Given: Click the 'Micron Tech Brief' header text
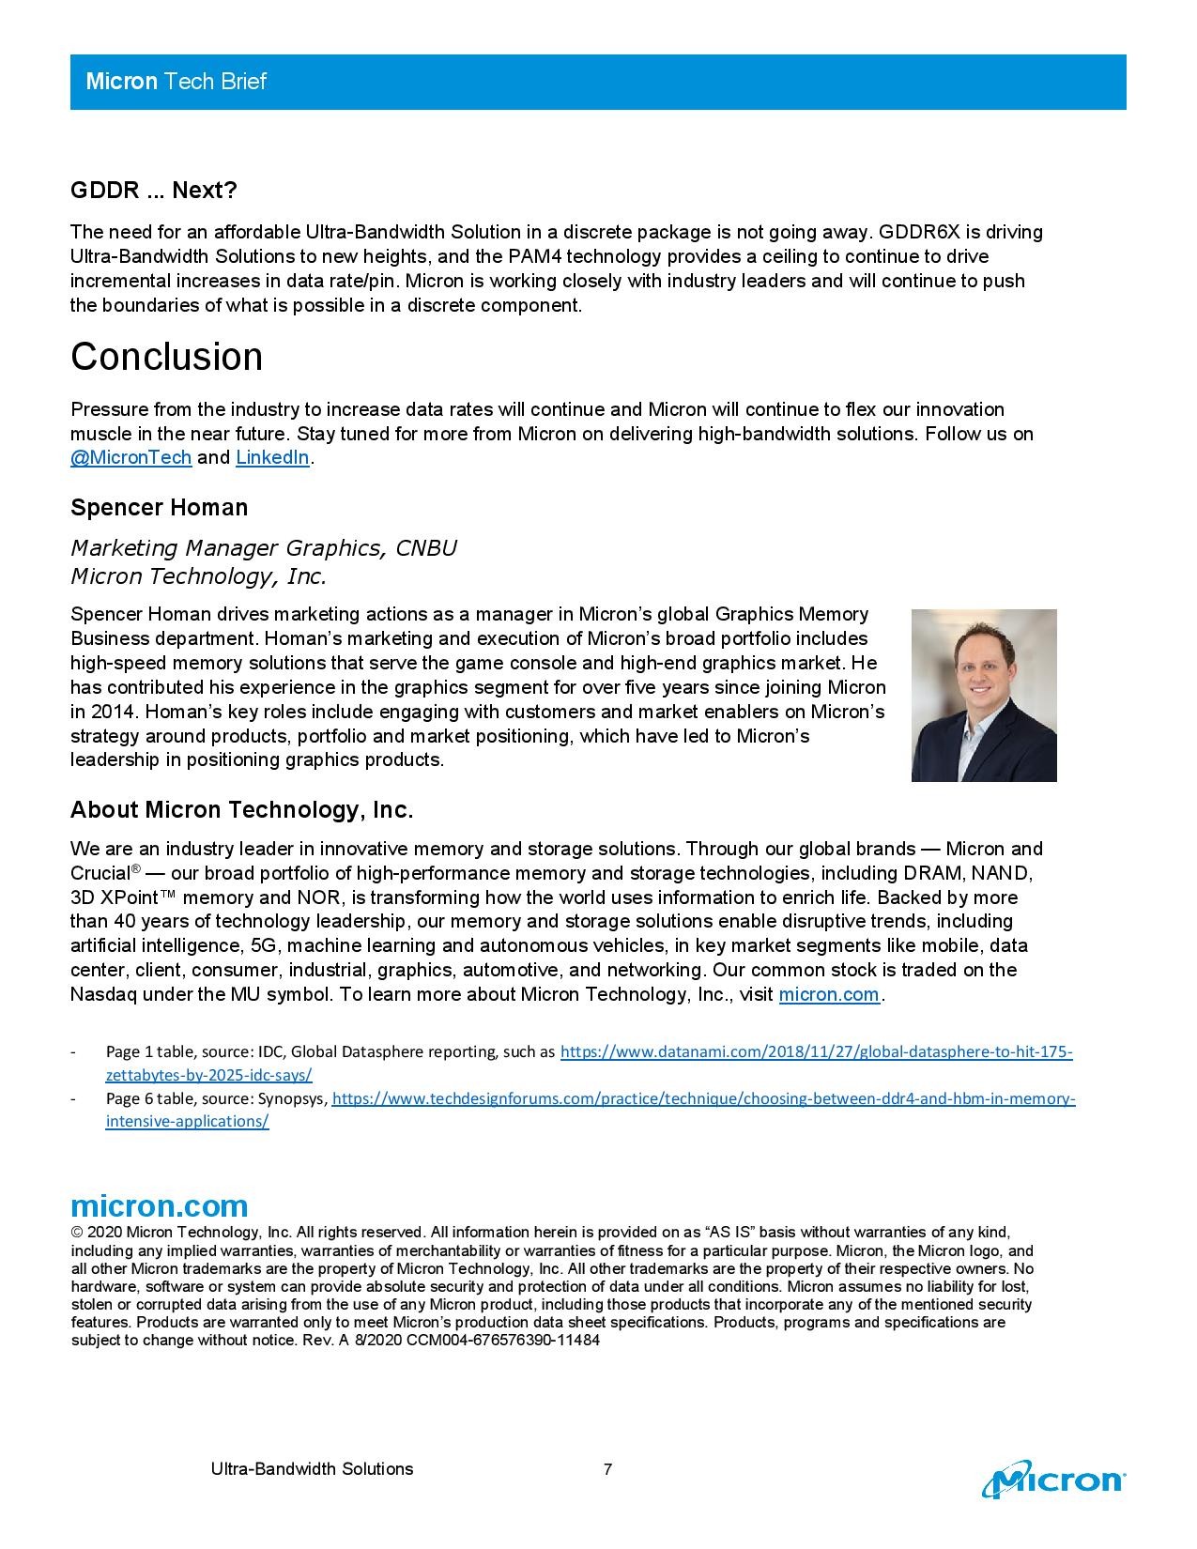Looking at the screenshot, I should [x=176, y=82].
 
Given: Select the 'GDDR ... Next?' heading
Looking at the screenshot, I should [x=153, y=191].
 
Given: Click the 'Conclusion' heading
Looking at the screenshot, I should [x=166, y=357].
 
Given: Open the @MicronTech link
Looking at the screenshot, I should [x=130, y=458].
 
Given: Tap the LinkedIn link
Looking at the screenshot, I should [x=272, y=458].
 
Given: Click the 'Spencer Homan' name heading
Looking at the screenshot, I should [x=159, y=508].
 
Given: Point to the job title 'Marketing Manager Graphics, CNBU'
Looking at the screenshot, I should [x=263, y=548].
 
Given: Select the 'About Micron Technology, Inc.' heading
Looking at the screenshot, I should [x=241, y=810].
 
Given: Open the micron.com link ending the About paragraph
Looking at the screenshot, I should [x=828, y=994].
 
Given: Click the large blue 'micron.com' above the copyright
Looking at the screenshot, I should [x=159, y=1206].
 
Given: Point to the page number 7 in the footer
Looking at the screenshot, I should [x=608, y=1469].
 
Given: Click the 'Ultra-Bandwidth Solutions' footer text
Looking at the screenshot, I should [x=312, y=1469].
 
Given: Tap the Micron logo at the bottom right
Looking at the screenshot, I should [x=1052, y=1480].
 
